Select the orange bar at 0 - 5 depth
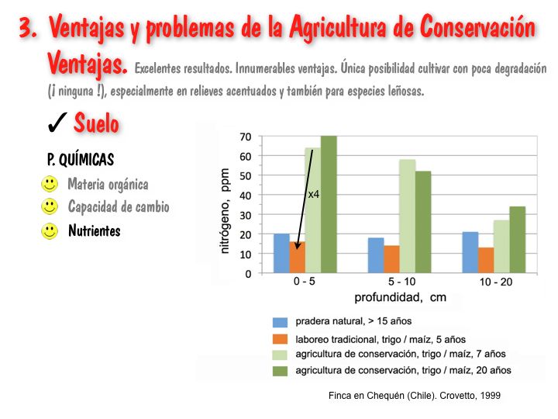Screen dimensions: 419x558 (x=298, y=258)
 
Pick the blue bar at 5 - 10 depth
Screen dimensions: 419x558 (x=376, y=255)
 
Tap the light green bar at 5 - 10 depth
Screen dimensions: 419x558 (x=408, y=216)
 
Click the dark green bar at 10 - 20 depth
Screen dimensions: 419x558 (x=518, y=240)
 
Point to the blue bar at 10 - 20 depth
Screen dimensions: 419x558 (x=470, y=253)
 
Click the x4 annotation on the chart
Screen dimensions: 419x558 (x=314, y=194)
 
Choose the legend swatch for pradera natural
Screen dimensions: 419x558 (x=280, y=321)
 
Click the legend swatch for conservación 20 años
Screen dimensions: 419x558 (x=280, y=370)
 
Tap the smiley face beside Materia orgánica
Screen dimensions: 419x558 (x=50, y=184)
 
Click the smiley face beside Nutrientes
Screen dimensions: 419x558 (x=50, y=230)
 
